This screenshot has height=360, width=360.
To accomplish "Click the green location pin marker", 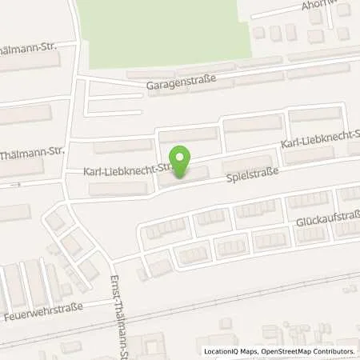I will coord(182,163).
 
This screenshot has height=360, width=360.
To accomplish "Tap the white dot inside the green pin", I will coord(182,158).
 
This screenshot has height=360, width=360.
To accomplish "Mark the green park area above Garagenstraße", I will coord(160,32).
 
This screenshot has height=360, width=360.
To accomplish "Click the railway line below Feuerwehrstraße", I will coord(240,299).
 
